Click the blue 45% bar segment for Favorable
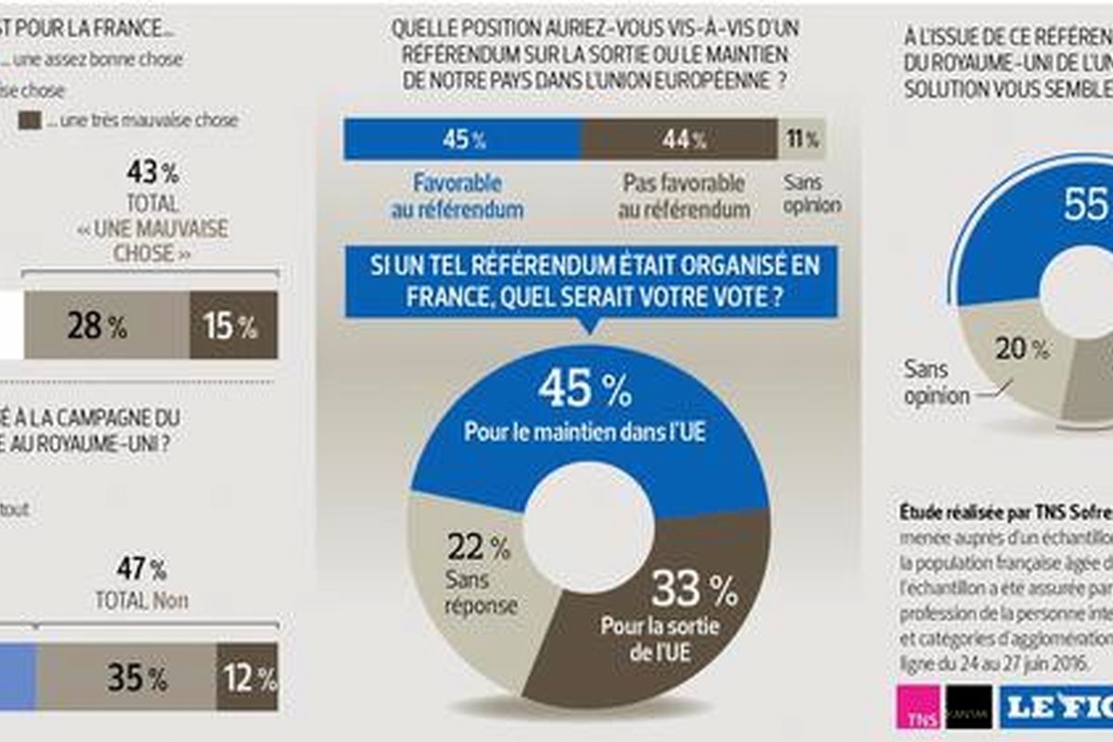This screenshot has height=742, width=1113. pos(462,140)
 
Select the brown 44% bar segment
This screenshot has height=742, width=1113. pos(679,140)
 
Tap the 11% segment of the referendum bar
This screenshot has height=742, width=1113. pos(802,140)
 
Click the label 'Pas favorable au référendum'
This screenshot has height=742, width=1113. pos(683,195)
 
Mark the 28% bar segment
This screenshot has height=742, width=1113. pos(106,326)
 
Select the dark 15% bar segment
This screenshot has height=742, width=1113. pos(233,326)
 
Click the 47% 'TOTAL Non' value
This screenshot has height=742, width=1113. pos(141,568)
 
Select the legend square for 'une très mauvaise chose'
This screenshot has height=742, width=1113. pos(30,121)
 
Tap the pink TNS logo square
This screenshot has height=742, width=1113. pos(920,708)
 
